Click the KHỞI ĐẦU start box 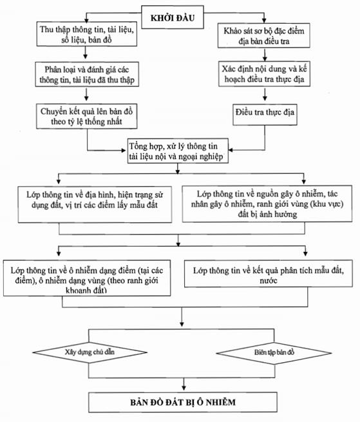point(173,17)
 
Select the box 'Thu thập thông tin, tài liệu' point(87,34)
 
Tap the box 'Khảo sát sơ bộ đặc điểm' point(263,35)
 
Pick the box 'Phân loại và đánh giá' point(87,74)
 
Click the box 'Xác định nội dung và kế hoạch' point(264,73)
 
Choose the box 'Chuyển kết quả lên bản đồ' point(87,116)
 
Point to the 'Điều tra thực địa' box point(265,115)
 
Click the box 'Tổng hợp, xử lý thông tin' point(178,151)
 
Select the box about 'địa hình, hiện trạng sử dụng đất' point(95,204)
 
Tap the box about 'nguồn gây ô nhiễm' point(267,204)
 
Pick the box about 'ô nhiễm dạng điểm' point(87,278)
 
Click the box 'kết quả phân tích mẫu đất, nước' point(269,273)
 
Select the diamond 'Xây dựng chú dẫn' point(90,352)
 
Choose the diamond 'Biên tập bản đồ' point(274,352)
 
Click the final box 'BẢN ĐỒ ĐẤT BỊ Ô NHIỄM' point(183,402)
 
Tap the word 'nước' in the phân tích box point(269,280)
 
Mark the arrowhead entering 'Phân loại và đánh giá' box point(86,56)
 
